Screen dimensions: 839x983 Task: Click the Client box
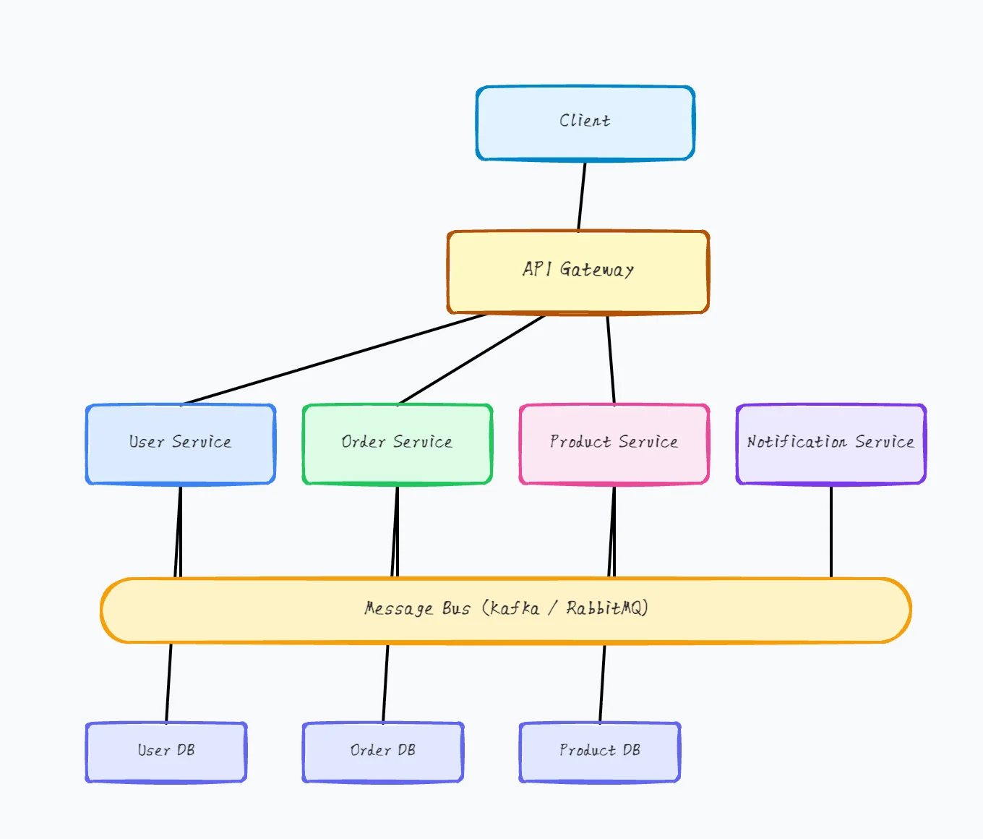[x=585, y=123]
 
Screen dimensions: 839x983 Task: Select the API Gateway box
[x=578, y=272]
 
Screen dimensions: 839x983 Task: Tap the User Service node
[x=180, y=444]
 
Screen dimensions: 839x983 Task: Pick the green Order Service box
[x=397, y=444]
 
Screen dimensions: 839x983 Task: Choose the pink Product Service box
[x=614, y=444]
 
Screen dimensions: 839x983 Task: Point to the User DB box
[x=166, y=752]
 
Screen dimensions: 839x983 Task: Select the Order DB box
[x=382, y=752]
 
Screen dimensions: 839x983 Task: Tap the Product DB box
[x=599, y=752]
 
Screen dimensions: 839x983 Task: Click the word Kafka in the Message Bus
[x=515, y=608]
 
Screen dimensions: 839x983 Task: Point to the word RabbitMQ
[x=606, y=608]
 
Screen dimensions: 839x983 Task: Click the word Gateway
[x=596, y=270]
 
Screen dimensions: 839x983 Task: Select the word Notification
[x=797, y=442]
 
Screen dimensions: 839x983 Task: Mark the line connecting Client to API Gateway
[x=582, y=195]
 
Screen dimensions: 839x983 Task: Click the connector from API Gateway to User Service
[x=332, y=359]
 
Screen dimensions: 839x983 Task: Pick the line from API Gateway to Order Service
[x=471, y=359]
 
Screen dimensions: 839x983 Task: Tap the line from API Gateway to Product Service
[x=611, y=359]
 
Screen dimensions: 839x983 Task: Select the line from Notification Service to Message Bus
[x=831, y=532]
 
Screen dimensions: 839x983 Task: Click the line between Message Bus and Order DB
[x=385, y=683]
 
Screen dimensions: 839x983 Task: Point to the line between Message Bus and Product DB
[x=602, y=683]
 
